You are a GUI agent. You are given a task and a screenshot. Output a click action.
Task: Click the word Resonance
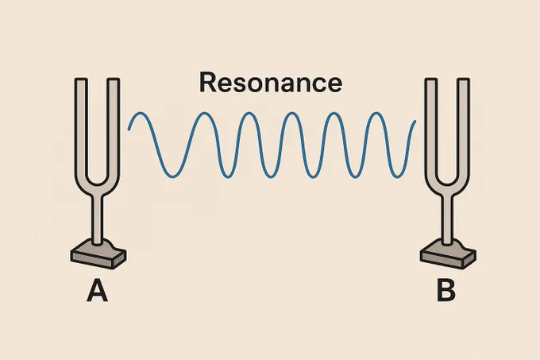pyautogui.click(x=271, y=83)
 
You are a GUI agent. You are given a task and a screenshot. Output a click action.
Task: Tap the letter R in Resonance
pyautogui.click(x=207, y=83)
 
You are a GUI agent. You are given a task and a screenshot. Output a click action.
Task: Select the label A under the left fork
pyautogui.click(x=97, y=291)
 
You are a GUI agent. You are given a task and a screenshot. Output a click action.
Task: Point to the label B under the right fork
pyautogui.click(x=446, y=291)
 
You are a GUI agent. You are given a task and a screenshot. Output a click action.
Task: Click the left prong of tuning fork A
pyautogui.click(x=81, y=127)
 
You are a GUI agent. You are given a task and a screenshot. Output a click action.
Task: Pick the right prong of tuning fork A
pyautogui.click(x=114, y=127)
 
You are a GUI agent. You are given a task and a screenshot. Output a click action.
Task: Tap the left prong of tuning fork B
pyautogui.click(x=431, y=127)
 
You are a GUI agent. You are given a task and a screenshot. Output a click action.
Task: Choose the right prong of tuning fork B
pyautogui.click(x=463, y=127)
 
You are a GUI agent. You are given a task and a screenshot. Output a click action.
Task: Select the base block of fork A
pyautogui.click(x=98, y=255)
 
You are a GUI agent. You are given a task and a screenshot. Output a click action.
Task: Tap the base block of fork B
pyautogui.click(x=448, y=255)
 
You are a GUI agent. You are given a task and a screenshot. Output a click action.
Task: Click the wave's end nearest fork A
pyautogui.click(x=129, y=130)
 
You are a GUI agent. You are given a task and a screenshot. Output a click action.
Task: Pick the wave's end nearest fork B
pyautogui.click(x=415, y=122)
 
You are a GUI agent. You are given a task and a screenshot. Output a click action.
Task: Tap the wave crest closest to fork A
pyautogui.click(x=140, y=113)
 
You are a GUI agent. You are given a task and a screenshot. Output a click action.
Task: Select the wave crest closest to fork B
pyautogui.click(x=376, y=113)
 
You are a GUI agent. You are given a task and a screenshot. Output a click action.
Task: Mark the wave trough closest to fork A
pyautogui.click(x=173, y=177)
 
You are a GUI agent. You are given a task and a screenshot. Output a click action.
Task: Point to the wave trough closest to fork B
pyautogui.click(x=397, y=177)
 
